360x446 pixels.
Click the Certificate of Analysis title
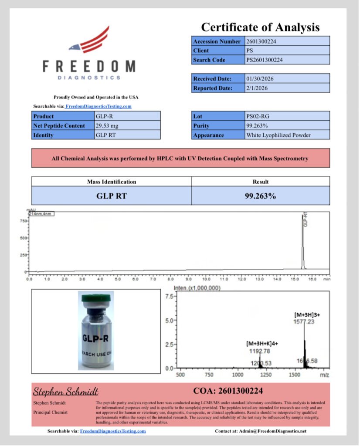point(260,27)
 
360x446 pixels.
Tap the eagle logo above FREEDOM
point(89,41)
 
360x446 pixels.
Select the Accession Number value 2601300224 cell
point(287,41)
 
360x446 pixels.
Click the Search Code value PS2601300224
point(287,60)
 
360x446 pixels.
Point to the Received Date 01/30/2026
point(287,79)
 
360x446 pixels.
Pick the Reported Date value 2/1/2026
point(287,88)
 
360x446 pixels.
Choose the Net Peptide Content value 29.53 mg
point(127,126)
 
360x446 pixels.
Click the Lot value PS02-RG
point(287,116)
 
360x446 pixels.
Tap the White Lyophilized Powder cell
point(287,135)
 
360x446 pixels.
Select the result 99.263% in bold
point(260,196)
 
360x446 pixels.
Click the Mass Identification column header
point(112,182)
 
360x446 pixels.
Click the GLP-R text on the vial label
point(96,338)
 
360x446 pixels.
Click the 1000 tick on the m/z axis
point(238,375)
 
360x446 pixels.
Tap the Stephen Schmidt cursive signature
point(66,391)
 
